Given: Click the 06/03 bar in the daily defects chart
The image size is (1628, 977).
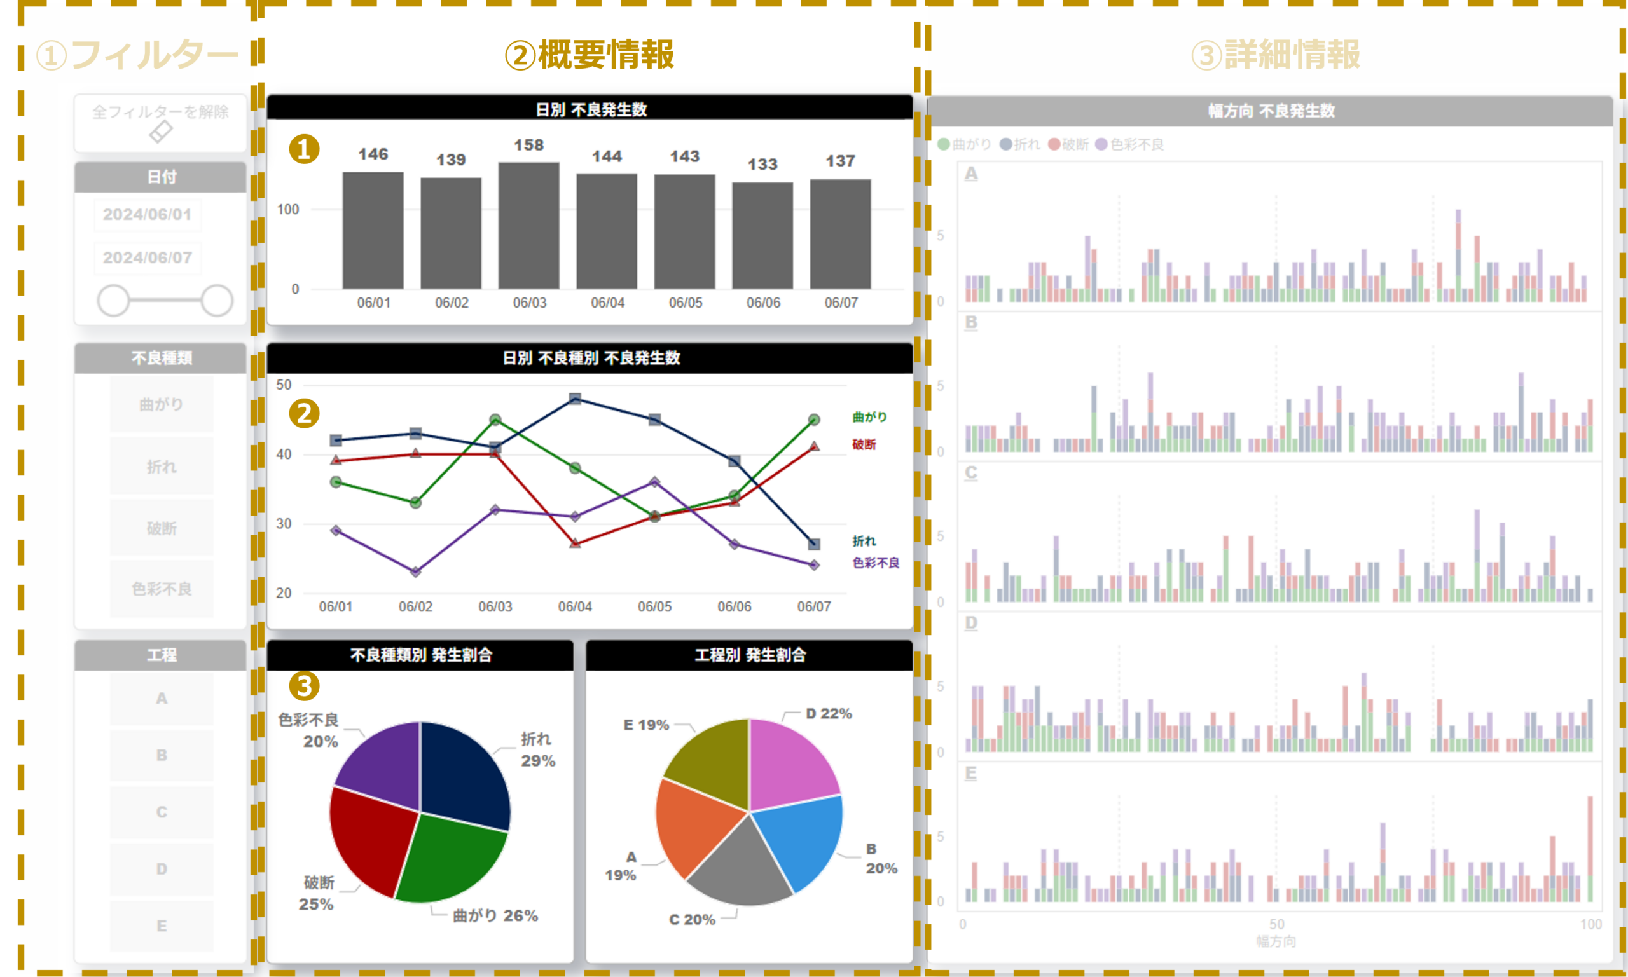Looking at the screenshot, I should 529,225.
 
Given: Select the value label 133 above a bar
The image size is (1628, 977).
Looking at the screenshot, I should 762,164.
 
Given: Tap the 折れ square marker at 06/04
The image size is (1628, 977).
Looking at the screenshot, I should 575,399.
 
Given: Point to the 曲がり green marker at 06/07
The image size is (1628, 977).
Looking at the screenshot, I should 814,420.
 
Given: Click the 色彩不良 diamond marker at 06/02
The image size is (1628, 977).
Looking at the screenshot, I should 415,571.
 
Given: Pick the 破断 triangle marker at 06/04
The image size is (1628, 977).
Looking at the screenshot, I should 575,543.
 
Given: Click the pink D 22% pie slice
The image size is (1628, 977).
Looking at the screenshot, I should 790,763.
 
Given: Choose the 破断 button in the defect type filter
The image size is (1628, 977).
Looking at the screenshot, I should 162,528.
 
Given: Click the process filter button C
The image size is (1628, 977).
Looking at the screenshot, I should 162,812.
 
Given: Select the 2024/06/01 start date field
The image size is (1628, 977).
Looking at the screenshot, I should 147,215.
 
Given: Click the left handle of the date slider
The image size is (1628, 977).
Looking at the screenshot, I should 113,300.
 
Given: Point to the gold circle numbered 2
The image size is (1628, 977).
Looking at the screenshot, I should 304,413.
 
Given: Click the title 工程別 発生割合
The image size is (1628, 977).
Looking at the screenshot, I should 750,655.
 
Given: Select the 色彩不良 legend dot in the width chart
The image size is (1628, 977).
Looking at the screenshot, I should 1101,144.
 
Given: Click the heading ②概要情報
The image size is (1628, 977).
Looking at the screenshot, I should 590,55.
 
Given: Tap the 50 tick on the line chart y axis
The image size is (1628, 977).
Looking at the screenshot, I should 284,385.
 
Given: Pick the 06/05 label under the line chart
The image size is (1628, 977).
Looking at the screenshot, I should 654,606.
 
